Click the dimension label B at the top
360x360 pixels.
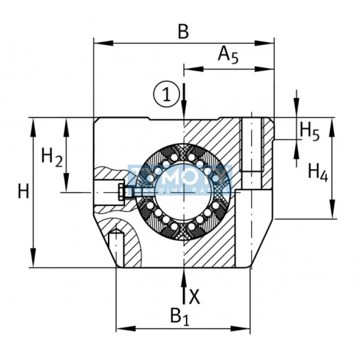coord(183,31)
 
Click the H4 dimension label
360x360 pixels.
coord(318,172)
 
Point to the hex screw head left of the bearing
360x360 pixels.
coord(121,192)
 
